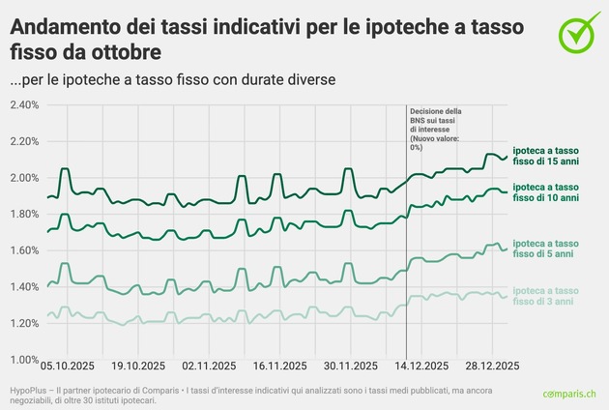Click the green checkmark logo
point(579,32)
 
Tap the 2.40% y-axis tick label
point(23,104)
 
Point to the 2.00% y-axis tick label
point(23,178)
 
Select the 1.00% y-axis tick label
point(23,360)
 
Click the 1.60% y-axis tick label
point(23,250)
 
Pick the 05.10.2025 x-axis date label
point(68,366)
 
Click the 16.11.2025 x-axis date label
point(280,366)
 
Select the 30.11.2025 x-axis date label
point(351,366)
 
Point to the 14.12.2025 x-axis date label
point(421,366)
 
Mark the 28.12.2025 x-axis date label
point(492,366)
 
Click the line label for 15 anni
point(546,155)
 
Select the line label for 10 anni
point(546,191)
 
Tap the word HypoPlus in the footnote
point(30,388)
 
